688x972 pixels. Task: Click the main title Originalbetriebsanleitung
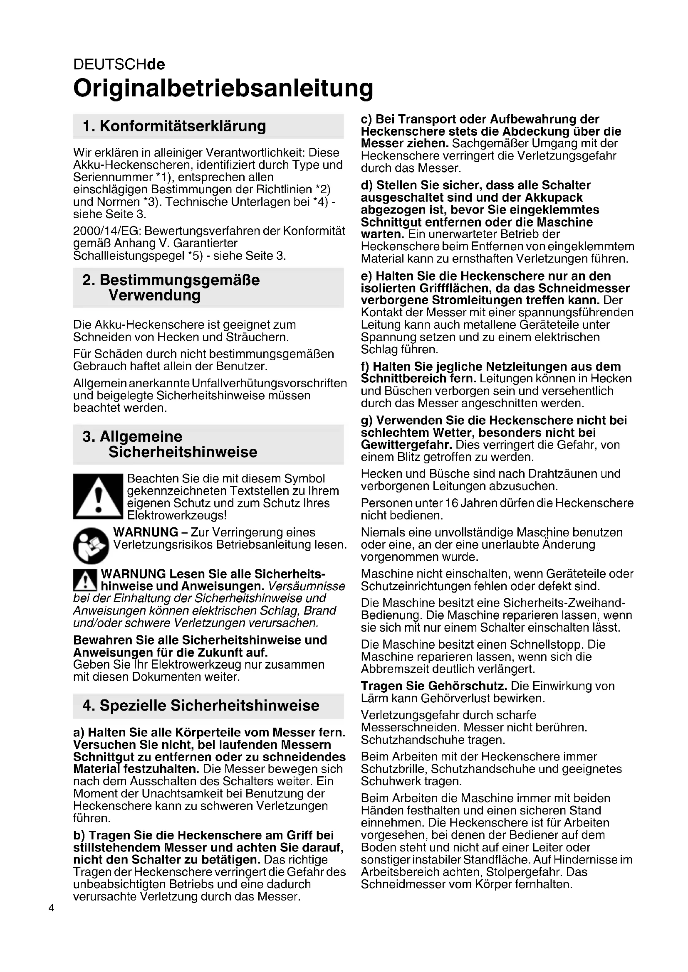click(x=223, y=89)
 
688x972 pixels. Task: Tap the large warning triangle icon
click(x=98, y=496)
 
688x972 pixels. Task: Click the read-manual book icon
click(x=91, y=545)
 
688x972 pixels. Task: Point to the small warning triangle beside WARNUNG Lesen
click(x=85, y=580)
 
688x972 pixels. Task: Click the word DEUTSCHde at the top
click(x=119, y=64)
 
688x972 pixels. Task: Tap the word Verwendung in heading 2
click(x=154, y=295)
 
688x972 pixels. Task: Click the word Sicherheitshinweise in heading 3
click(x=183, y=452)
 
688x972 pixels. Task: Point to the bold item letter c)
click(x=366, y=119)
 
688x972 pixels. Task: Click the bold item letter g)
click(x=367, y=421)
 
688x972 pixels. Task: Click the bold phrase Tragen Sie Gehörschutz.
click(x=434, y=686)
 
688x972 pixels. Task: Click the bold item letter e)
click(x=366, y=276)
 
